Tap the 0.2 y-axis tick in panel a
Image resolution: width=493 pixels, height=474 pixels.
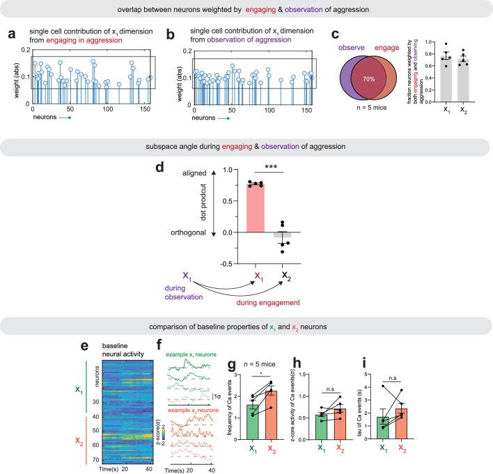tap(24, 50)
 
